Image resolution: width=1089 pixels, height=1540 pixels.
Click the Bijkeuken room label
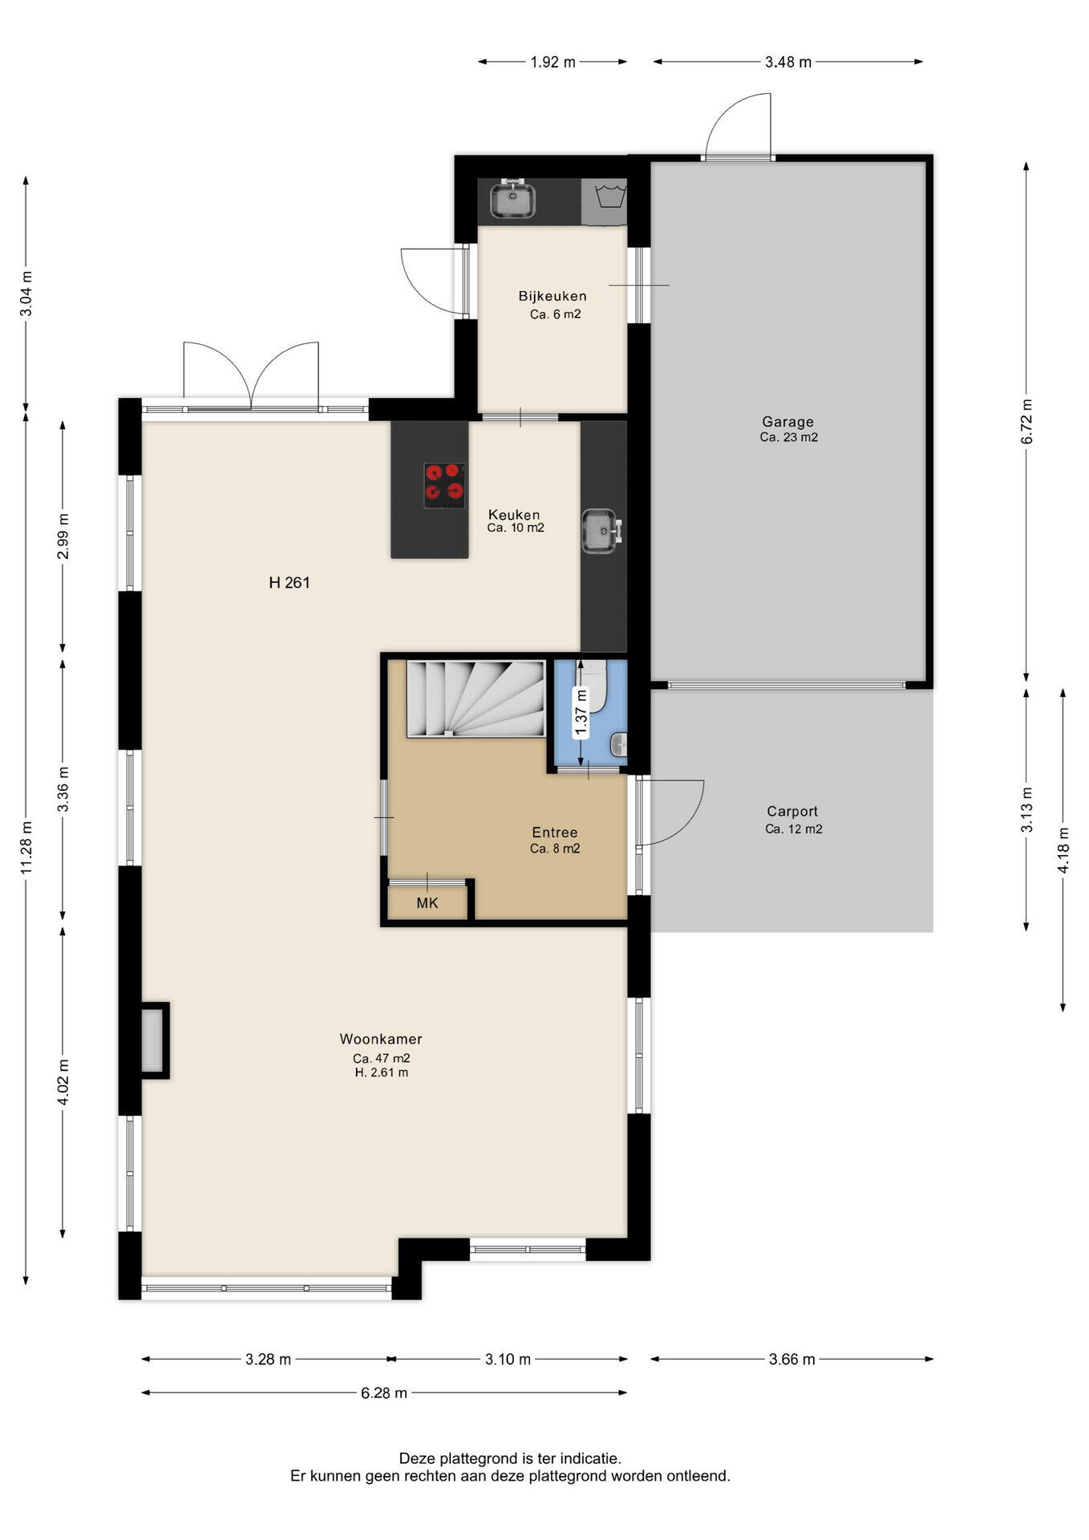point(553,296)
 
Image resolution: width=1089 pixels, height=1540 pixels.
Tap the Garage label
point(787,421)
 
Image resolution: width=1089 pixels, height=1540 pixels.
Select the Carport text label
point(792,811)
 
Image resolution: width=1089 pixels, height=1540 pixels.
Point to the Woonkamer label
point(381,1039)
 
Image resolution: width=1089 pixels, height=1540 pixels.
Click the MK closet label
point(427,903)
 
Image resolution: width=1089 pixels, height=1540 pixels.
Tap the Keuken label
point(515,514)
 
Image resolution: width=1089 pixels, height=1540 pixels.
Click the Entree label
point(555,833)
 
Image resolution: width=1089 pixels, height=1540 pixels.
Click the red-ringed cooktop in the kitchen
point(445,485)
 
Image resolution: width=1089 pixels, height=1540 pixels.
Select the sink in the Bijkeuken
point(512,200)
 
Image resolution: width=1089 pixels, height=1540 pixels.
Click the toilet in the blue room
point(593,683)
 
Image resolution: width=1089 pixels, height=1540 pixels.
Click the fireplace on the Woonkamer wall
point(153,1040)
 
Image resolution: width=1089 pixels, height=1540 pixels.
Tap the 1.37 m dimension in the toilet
point(582,712)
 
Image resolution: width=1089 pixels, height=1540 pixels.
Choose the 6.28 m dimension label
point(384,1393)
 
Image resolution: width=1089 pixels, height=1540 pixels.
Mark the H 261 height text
point(289,583)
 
